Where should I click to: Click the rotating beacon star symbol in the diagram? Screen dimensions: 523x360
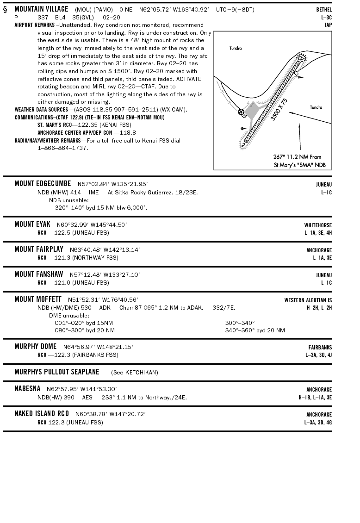(241, 112)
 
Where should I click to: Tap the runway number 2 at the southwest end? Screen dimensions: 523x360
(243, 144)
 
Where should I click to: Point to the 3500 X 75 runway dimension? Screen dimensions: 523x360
(279, 110)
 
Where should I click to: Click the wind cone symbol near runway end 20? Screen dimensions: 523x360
(300, 76)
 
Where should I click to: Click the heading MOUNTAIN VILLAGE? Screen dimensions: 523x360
(41, 9)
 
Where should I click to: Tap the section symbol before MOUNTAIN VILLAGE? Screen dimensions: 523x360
(5, 9)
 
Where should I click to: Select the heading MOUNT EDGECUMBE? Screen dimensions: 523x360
(43, 184)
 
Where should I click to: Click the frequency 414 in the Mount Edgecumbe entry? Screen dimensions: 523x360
(76, 192)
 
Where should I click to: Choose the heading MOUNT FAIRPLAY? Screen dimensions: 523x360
(39, 249)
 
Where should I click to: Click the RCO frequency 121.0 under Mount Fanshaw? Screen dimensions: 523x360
(57, 282)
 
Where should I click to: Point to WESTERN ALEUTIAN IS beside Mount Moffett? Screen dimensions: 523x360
(308, 300)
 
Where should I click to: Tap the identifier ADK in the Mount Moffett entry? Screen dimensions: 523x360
(105, 307)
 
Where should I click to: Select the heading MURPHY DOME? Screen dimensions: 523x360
(35, 347)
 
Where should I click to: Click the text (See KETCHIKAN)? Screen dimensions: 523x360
(134, 372)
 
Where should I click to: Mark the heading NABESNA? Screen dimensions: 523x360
(27, 389)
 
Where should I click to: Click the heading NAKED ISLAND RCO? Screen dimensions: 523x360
(42, 414)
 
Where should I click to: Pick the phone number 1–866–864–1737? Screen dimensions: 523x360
(62, 148)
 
